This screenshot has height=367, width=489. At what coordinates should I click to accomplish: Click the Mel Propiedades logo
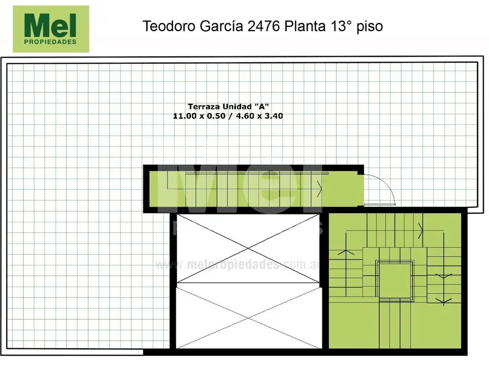51,29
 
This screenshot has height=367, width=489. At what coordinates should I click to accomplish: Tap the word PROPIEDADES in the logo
50,42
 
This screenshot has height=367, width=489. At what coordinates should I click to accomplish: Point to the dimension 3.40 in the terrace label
274,116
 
